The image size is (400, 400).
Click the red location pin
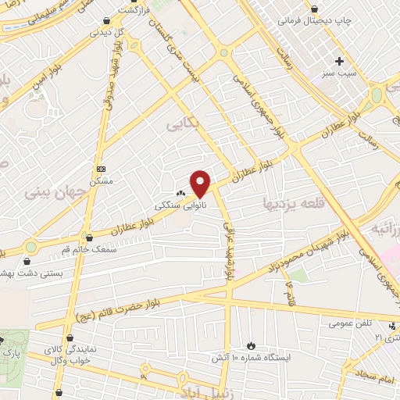[x=201, y=184]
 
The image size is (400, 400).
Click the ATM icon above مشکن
[x=101, y=169]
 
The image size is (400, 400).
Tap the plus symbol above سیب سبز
[x=339, y=61]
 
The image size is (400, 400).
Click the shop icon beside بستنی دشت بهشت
[x=30, y=262]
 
